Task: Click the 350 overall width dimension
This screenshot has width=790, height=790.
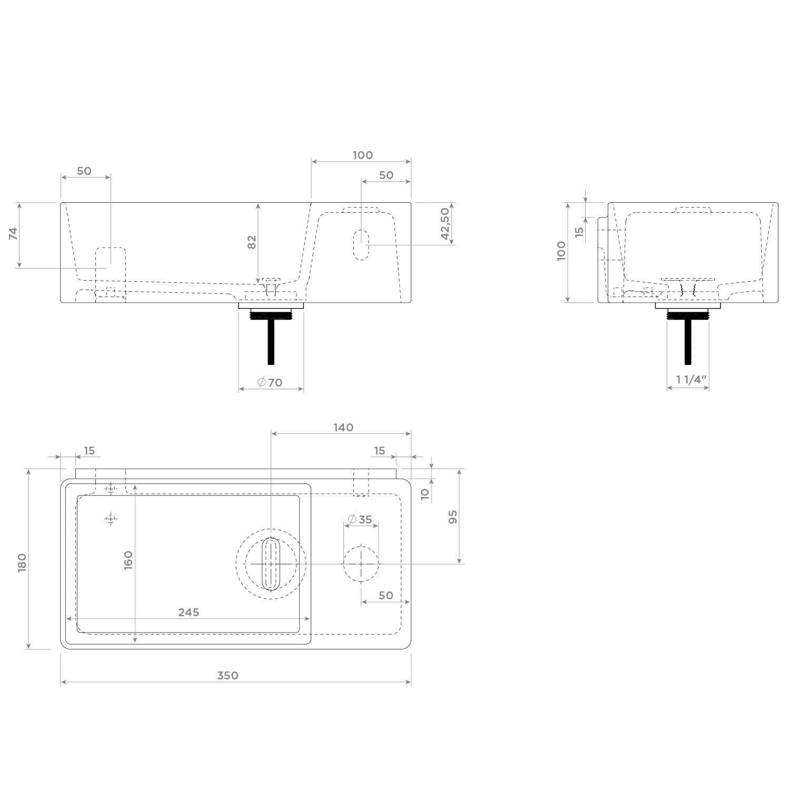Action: [228, 675]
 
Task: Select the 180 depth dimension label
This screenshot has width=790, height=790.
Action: [22, 563]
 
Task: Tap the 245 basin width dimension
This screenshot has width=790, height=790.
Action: [189, 612]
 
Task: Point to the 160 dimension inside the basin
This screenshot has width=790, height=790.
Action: [128, 560]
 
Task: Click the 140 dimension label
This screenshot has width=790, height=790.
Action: [343, 427]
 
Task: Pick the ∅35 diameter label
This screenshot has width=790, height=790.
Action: [360, 519]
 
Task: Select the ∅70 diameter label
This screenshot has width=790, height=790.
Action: [270, 382]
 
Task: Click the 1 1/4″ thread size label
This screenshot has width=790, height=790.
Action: [691, 379]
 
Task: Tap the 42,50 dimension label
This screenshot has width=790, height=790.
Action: [445, 224]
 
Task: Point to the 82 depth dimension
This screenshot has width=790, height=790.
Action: [252, 242]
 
